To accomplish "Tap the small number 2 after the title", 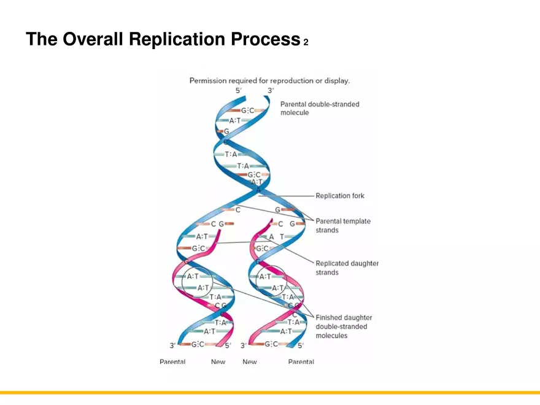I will pos(306,42).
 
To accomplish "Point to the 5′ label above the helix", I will pos(239,91).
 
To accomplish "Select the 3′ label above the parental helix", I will pos(270,91).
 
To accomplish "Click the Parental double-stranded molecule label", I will pos(320,108).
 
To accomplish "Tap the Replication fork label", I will pos(339,196).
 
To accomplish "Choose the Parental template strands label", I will pos(342,225).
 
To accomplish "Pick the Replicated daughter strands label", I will pos(347,268).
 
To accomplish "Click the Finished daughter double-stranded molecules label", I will pos(344,326).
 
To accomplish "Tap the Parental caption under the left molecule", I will pos(172,362).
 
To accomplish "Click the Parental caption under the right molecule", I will pos(301,362).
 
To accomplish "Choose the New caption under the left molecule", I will pos(218,362).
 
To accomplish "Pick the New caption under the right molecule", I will pos(250,362).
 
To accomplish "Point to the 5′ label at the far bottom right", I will pos(301,345).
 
